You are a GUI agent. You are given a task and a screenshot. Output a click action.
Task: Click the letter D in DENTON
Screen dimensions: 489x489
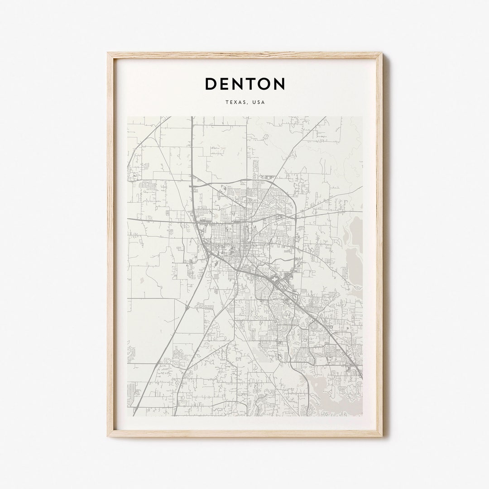(211, 84)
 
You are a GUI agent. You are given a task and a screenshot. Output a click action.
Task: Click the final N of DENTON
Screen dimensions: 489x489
(279, 84)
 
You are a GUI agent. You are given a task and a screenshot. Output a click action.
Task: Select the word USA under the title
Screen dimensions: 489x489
(259, 102)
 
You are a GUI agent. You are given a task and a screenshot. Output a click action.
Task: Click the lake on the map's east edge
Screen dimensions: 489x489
(355, 254)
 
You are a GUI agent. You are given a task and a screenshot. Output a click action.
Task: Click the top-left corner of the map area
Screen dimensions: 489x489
(128, 117)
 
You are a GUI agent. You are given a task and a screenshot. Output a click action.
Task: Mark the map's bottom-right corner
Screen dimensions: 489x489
(362, 415)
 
